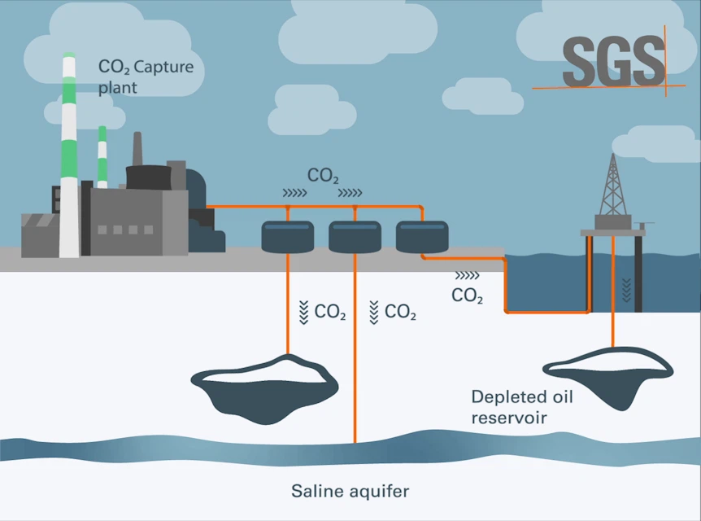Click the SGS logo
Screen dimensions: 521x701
click(x=612, y=60)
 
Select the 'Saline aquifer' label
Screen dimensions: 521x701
click(x=350, y=491)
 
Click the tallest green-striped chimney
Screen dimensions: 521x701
click(x=69, y=155)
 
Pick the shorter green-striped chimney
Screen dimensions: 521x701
click(x=102, y=156)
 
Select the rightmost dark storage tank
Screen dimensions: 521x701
click(x=421, y=236)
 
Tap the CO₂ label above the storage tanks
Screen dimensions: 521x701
click(x=323, y=175)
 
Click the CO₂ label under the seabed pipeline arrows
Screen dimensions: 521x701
click(x=467, y=296)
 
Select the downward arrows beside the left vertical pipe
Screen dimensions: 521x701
click(x=303, y=312)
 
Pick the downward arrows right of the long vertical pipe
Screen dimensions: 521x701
click(x=374, y=312)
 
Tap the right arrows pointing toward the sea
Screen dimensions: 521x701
click(x=467, y=276)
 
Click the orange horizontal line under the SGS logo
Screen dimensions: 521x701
click(x=598, y=85)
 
